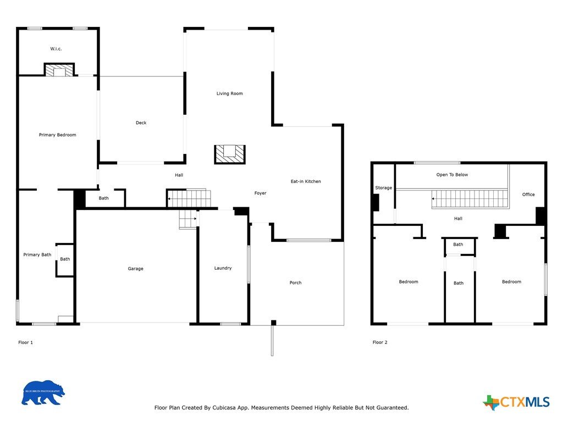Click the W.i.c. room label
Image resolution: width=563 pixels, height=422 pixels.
[x=56, y=49]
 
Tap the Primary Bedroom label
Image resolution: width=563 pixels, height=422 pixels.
[x=57, y=135]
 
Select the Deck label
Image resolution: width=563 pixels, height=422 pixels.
[x=141, y=123]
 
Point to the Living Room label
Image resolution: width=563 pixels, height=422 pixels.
[x=229, y=93]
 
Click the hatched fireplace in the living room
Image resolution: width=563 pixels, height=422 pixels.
[x=230, y=154]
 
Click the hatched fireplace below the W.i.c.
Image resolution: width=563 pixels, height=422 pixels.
[x=59, y=70]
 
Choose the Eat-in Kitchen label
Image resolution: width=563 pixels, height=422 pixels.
[x=306, y=181]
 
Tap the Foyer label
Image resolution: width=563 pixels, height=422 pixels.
[x=260, y=193]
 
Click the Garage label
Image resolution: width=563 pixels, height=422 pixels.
[x=135, y=269]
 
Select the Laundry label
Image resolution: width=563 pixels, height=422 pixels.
[x=223, y=268]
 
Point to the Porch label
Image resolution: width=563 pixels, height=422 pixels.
[x=295, y=283]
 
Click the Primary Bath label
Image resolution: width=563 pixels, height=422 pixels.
[x=37, y=255]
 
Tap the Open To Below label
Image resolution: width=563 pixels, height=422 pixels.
[x=452, y=175]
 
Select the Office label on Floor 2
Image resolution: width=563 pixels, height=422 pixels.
[x=528, y=195]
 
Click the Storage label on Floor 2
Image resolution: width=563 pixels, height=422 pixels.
[x=383, y=188]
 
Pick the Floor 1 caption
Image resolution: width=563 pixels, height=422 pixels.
[x=25, y=343]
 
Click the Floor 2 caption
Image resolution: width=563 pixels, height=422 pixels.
[x=380, y=342]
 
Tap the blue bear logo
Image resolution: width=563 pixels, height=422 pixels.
[x=43, y=393]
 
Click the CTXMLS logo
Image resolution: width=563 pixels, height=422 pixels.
[x=516, y=402]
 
